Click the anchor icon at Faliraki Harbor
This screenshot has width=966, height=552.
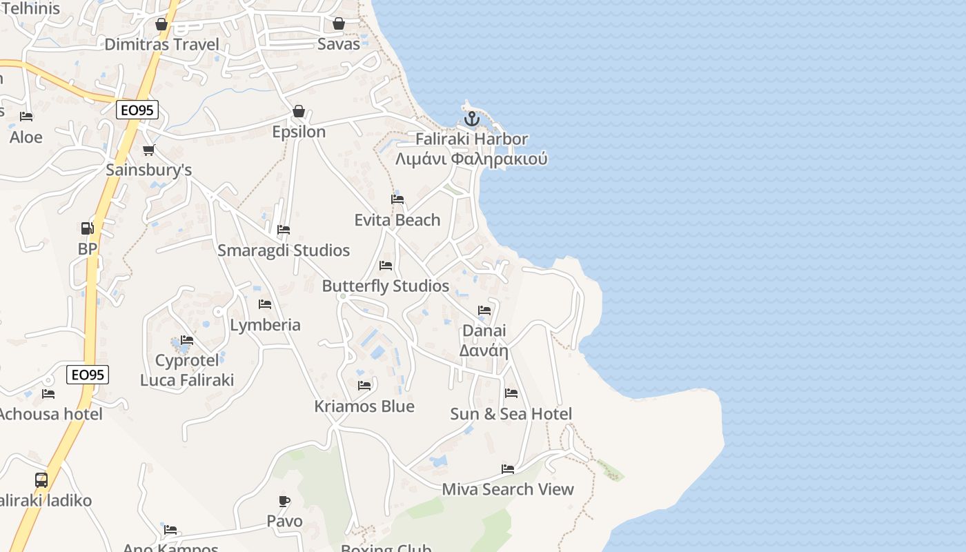point(471,119)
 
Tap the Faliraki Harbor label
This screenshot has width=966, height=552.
point(471,139)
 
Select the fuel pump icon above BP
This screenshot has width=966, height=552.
point(87,228)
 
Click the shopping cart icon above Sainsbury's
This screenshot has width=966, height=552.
point(148,150)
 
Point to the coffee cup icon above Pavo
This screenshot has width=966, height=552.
point(284,501)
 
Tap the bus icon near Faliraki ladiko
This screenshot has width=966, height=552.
point(41,480)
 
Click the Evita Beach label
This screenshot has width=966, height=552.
point(397,220)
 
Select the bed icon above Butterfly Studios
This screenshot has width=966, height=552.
point(386,266)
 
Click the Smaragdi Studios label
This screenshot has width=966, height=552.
point(284,250)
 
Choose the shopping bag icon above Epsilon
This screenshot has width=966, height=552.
point(299,111)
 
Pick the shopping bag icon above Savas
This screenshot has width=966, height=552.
point(339,24)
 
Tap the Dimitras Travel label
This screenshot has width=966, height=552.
point(161,45)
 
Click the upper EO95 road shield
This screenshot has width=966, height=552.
point(137,110)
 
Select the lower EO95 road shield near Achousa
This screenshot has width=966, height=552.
point(88,375)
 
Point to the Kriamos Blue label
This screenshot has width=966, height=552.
point(364,406)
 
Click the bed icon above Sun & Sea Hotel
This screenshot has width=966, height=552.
point(511,393)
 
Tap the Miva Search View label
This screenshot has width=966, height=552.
point(508,489)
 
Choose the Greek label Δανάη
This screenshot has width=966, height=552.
point(484,351)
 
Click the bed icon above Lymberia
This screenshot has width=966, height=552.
point(265,304)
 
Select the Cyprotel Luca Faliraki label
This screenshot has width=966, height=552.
point(187,371)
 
